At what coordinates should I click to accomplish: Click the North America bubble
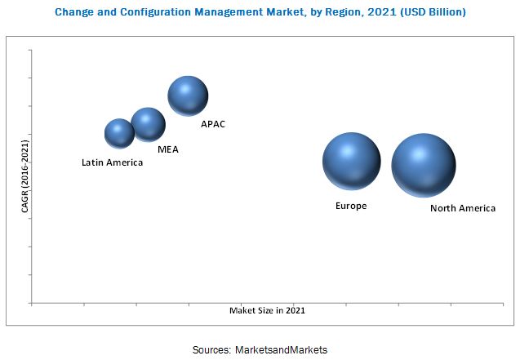tap(423, 166)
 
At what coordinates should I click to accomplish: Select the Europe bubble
tap(351, 162)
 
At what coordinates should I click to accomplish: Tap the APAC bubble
tap(188, 96)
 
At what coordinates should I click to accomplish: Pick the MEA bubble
tap(148, 124)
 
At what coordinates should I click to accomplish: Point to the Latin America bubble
tap(119, 133)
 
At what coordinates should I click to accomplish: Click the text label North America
tap(462, 208)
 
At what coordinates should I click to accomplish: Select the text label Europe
tap(351, 206)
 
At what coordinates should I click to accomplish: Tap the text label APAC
tap(213, 124)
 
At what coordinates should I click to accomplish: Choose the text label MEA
tap(168, 149)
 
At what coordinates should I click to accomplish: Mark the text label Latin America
tap(112, 162)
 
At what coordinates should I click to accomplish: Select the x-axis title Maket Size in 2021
tap(267, 310)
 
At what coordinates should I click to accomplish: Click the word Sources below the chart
tap(211, 349)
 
